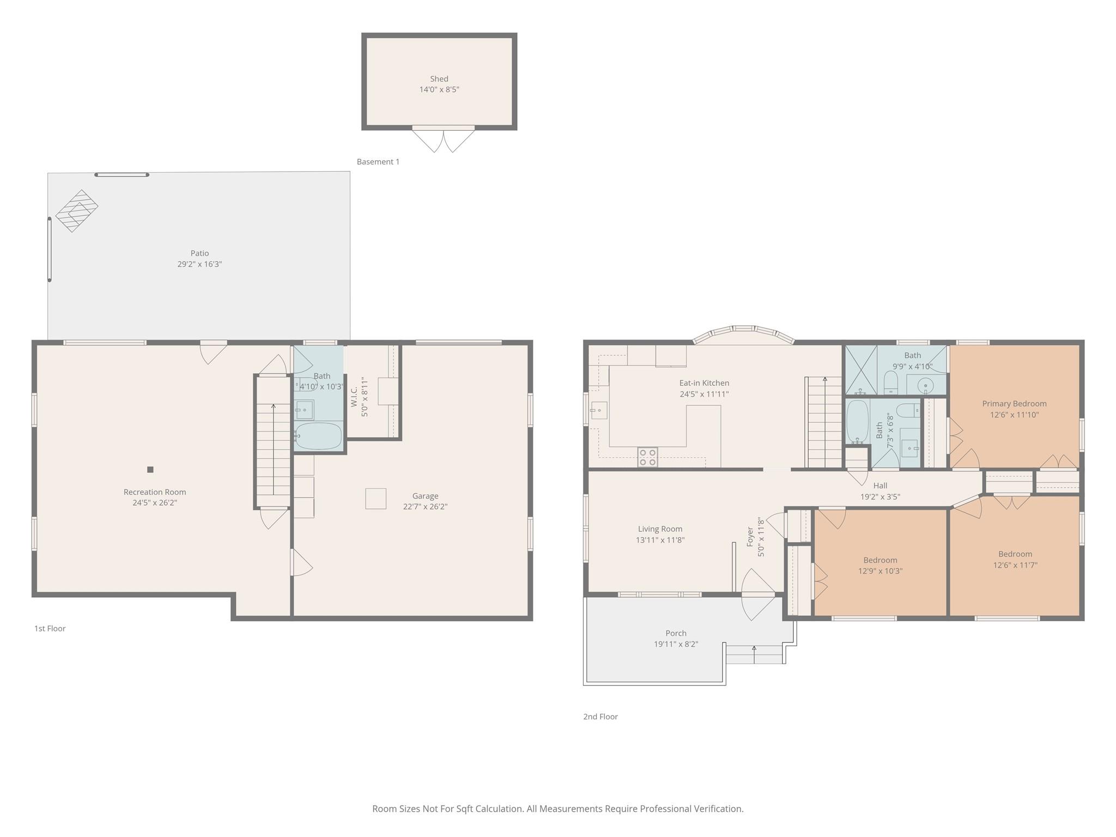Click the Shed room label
click(x=439, y=79)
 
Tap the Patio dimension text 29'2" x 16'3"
click(x=199, y=264)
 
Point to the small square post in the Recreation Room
click(x=150, y=469)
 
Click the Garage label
click(x=425, y=496)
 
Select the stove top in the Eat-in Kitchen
click(x=647, y=457)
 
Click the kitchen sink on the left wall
click(x=599, y=410)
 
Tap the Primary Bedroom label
click(x=1014, y=404)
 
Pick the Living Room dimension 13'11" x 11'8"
click(x=660, y=540)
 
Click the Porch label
click(x=676, y=633)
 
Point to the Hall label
click(x=880, y=486)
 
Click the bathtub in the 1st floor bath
click(x=318, y=436)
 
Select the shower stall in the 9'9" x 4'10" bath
click(x=861, y=370)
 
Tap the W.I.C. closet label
click(x=354, y=397)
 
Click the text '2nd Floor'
click(x=601, y=717)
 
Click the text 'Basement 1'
click(x=378, y=162)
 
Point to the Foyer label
click(x=750, y=537)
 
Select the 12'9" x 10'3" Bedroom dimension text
click(x=880, y=571)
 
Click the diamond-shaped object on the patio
click(x=77, y=211)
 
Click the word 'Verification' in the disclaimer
click(x=718, y=809)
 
